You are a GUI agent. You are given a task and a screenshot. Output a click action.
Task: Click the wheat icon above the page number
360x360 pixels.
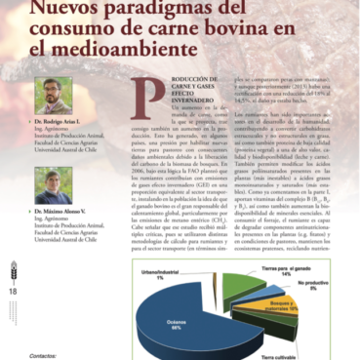pyautogui.click(x=13, y=272)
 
